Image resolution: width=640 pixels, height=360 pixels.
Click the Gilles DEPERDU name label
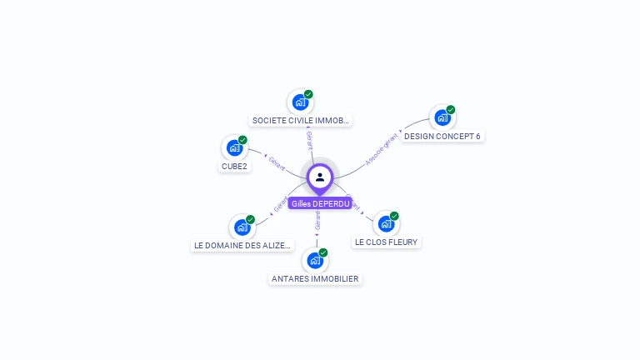pyautogui.click(x=320, y=203)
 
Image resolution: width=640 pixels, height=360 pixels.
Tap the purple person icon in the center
pyautogui.click(x=320, y=177)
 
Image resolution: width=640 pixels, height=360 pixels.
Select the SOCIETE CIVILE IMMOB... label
pyautogui.click(x=300, y=120)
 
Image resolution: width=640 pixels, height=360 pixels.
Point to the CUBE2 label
pyautogui.click(x=234, y=166)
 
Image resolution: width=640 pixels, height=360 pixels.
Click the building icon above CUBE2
pyautogui.click(x=234, y=148)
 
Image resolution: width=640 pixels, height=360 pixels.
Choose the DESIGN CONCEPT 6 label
pyautogui.click(x=442, y=136)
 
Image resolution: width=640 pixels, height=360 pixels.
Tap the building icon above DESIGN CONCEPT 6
pyautogui.click(x=442, y=117)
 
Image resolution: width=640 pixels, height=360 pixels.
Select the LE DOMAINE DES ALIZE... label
pyautogui.click(x=242, y=245)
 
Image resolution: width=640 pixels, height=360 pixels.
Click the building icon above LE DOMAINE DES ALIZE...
pyautogui.click(x=242, y=227)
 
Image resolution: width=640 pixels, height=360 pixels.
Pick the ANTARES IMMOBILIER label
pyautogui.click(x=315, y=278)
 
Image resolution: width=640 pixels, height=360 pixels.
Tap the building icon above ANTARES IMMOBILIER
pyautogui.click(x=314, y=260)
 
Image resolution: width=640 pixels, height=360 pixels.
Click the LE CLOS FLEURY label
pyautogui.click(x=386, y=242)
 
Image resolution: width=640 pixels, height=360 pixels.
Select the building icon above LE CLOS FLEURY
pyautogui.click(x=385, y=223)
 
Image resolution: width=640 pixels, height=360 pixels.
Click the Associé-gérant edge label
pyautogui.click(x=382, y=148)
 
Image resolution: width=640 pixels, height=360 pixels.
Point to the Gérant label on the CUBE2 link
pyautogui.click(x=277, y=162)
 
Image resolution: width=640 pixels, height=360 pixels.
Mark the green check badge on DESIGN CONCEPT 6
pyautogui.click(x=451, y=109)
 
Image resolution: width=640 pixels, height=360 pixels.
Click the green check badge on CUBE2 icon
pyautogui.click(x=242, y=140)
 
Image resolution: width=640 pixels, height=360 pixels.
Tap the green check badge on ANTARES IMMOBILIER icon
pyautogui.click(x=323, y=252)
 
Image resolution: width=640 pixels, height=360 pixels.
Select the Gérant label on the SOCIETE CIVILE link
pyautogui.click(x=309, y=139)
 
